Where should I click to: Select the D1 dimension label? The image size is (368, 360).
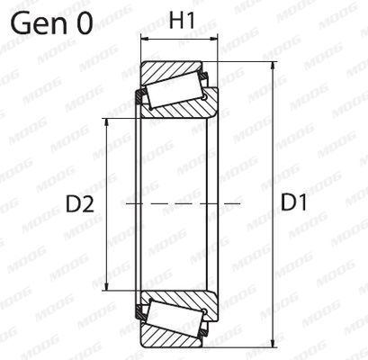pyautogui.click(x=294, y=204)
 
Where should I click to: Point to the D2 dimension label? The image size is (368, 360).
pyautogui.click(x=80, y=204)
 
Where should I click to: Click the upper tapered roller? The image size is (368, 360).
pyautogui.click(x=181, y=87)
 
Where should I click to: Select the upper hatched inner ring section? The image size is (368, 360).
pyautogui.click(x=180, y=108)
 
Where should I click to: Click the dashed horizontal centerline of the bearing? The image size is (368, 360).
pyautogui.click(x=180, y=204)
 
